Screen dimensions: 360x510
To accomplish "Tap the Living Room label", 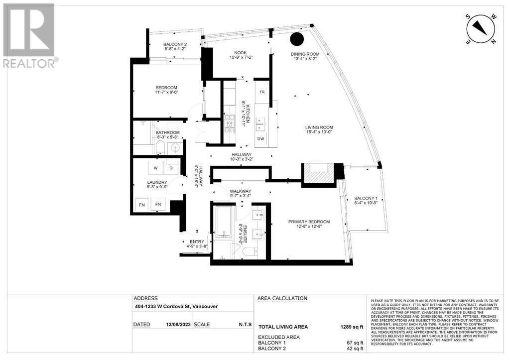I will point(319,127).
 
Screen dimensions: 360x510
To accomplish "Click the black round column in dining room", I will point(297,38).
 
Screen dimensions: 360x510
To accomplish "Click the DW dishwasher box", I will point(261,139).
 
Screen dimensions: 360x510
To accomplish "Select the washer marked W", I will point(155,168).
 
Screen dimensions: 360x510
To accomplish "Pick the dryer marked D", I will point(171,168).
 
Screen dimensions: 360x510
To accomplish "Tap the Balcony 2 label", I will point(175,45).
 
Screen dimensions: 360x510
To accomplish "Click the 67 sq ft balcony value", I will point(355,343).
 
